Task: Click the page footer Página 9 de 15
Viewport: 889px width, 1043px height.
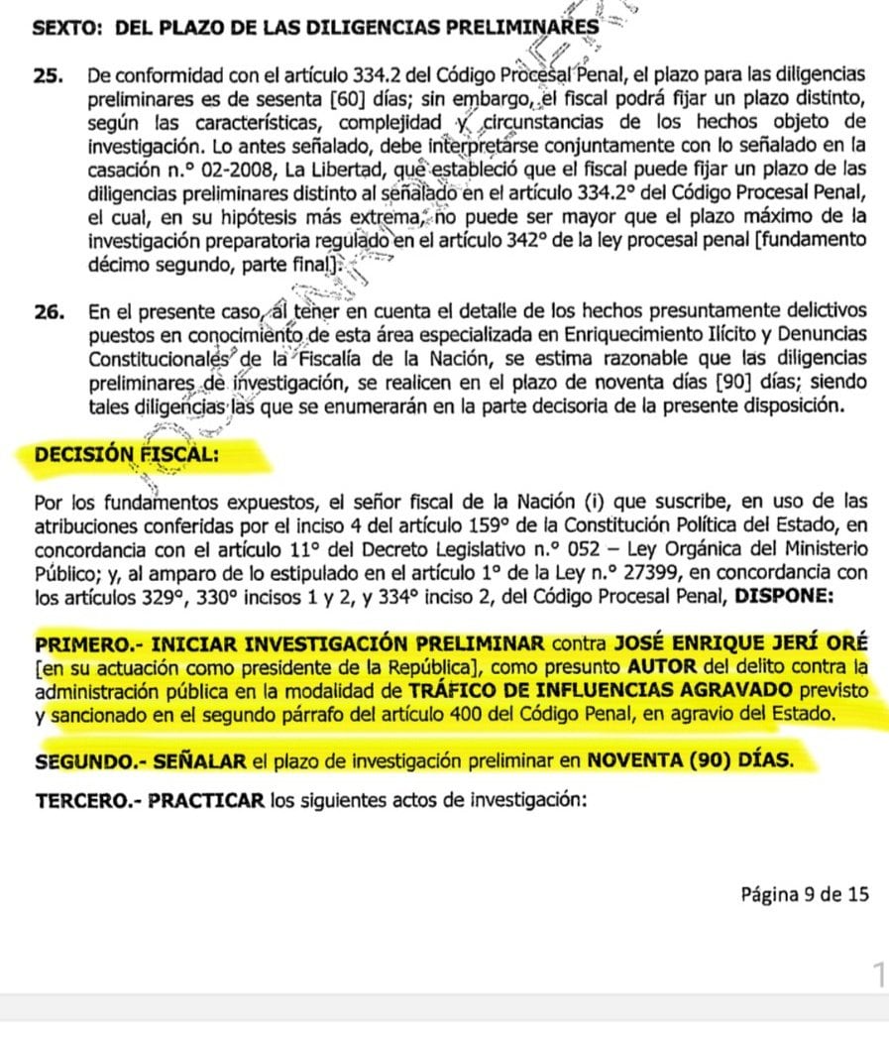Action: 805,893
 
